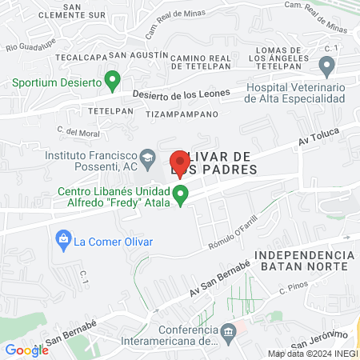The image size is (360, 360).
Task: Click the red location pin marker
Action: point(179,162)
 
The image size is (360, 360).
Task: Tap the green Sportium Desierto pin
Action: point(114,81)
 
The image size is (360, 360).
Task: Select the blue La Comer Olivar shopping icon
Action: point(62,238)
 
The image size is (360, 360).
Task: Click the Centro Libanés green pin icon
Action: point(182,194)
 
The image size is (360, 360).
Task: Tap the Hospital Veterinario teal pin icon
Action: point(326,65)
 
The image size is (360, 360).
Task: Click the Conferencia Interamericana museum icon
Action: point(230,330)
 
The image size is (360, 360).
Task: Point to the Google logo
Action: point(26,350)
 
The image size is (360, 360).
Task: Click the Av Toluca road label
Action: point(318,138)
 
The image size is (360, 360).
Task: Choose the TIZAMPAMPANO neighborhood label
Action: point(182,114)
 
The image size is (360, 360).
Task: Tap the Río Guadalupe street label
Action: point(23,42)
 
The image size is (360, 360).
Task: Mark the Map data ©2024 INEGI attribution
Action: point(312,354)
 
